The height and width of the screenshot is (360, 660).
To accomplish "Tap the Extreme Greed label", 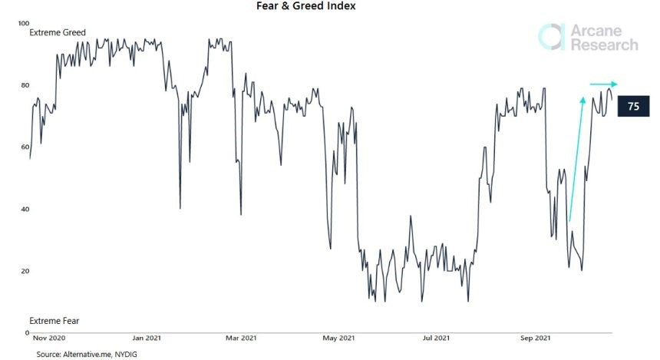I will click(x=58, y=32).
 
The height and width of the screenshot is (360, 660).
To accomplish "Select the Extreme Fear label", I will click(x=54, y=320).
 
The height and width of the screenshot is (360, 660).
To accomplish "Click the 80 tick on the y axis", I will click(x=24, y=85).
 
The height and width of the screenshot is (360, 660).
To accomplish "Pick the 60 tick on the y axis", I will click(x=24, y=147).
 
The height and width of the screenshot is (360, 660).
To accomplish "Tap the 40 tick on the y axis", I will click(x=24, y=210).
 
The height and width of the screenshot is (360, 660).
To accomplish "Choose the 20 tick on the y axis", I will click(x=24, y=272).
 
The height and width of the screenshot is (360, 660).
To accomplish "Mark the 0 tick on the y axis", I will click(x=26, y=333).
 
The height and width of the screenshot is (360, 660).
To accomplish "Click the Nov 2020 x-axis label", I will click(x=50, y=338).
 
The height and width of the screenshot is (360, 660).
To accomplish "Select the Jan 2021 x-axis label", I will click(x=147, y=338).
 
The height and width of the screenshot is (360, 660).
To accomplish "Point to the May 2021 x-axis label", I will click(x=339, y=338).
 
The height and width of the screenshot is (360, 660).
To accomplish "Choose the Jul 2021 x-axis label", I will click(x=437, y=338).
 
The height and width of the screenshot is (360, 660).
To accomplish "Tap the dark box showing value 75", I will click(x=632, y=107).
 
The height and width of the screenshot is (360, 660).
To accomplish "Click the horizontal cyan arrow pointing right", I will click(x=603, y=84).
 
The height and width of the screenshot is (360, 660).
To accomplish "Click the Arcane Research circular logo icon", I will click(x=551, y=37).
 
